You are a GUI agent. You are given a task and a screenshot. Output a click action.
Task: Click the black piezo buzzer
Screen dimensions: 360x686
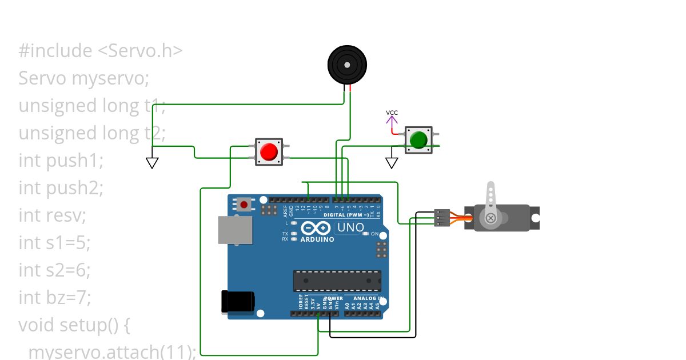347,65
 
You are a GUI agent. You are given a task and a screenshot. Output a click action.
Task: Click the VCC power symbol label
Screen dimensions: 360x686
392,113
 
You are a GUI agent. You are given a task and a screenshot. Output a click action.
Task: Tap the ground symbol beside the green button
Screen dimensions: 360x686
392,163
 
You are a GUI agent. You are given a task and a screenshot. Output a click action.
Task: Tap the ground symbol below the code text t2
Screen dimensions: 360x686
152,163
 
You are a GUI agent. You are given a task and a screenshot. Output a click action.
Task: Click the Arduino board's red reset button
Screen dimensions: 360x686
245,204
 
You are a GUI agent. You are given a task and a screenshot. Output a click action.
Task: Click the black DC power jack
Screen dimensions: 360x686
237,301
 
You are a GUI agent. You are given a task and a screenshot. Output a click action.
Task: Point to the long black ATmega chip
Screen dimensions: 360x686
337,280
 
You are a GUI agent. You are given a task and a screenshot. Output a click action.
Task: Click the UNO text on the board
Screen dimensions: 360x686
350,227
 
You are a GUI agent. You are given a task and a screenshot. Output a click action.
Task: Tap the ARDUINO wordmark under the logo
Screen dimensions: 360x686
317,239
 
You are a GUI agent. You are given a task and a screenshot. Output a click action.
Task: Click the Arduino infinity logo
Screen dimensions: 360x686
316,228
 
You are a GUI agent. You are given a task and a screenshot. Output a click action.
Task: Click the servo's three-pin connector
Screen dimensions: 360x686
441,218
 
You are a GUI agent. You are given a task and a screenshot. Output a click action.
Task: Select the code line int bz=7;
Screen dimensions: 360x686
55,298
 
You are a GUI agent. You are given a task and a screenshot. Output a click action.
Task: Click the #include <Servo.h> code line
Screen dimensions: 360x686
101,51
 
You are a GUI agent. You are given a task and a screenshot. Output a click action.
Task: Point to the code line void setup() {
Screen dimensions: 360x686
75,325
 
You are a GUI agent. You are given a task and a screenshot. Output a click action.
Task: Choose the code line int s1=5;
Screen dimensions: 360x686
54,243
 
